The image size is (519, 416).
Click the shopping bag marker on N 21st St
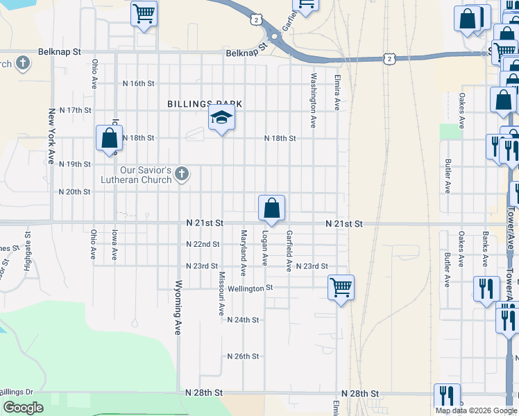coord(271,208)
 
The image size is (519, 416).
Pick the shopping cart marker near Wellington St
coord(341,287)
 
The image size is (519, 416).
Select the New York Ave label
coord(51,136)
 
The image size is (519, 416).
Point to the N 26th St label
coord(243,356)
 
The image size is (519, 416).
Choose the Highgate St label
coord(28,254)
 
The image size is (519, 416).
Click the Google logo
coord(23,408)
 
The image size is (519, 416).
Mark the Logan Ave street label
coord(264,248)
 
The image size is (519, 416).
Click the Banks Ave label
coord(485,250)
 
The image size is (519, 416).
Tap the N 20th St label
coord(75,192)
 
